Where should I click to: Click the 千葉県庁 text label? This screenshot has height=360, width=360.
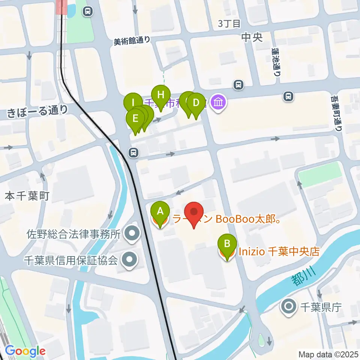(x=320, y=307)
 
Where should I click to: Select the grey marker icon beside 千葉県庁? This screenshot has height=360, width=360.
(x=289, y=307)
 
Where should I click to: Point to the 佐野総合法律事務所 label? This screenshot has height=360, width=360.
(x=73, y=235)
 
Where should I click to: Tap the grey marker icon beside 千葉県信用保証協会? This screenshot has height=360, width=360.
(x=130, y=259)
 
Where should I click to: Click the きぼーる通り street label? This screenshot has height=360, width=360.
(x=37, y=110)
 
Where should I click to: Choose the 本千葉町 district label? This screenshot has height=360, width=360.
(x=27, y=196)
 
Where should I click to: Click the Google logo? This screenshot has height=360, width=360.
(x=25, y=351)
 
